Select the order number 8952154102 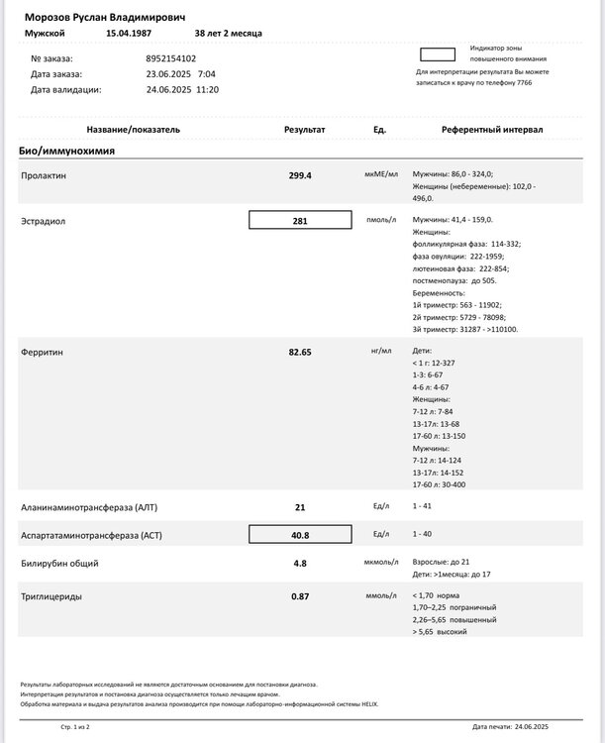tap(170, 58)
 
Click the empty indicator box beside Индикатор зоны tap(439, 55)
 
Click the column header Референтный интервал tap(492, 130)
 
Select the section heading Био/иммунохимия tap(67, 151)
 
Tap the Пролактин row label tap(44, 175)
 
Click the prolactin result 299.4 tap(300, 175)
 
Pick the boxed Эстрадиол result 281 tap(300, 221)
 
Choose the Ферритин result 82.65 tap(300, 352)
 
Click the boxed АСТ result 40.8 tap(300, 535)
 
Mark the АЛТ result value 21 tap(300, 507)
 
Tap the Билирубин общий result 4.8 tap(300, 564)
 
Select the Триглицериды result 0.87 tap(300, 596)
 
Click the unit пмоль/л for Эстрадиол tap(380, 220)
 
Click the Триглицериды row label tap(51, 596)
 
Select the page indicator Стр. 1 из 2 tap(74, 727)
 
